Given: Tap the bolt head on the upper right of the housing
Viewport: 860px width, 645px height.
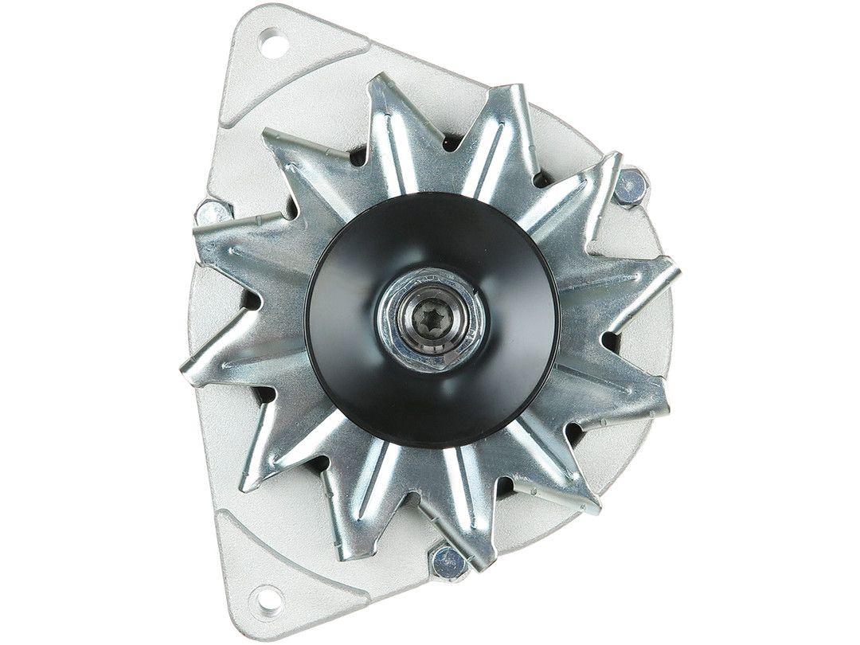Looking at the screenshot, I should click(x=631, y=188).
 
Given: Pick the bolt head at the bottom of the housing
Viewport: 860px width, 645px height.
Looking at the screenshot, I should click(x=448, y=564).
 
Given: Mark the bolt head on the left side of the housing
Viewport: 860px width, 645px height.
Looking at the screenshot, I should click(x=213, y=213).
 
